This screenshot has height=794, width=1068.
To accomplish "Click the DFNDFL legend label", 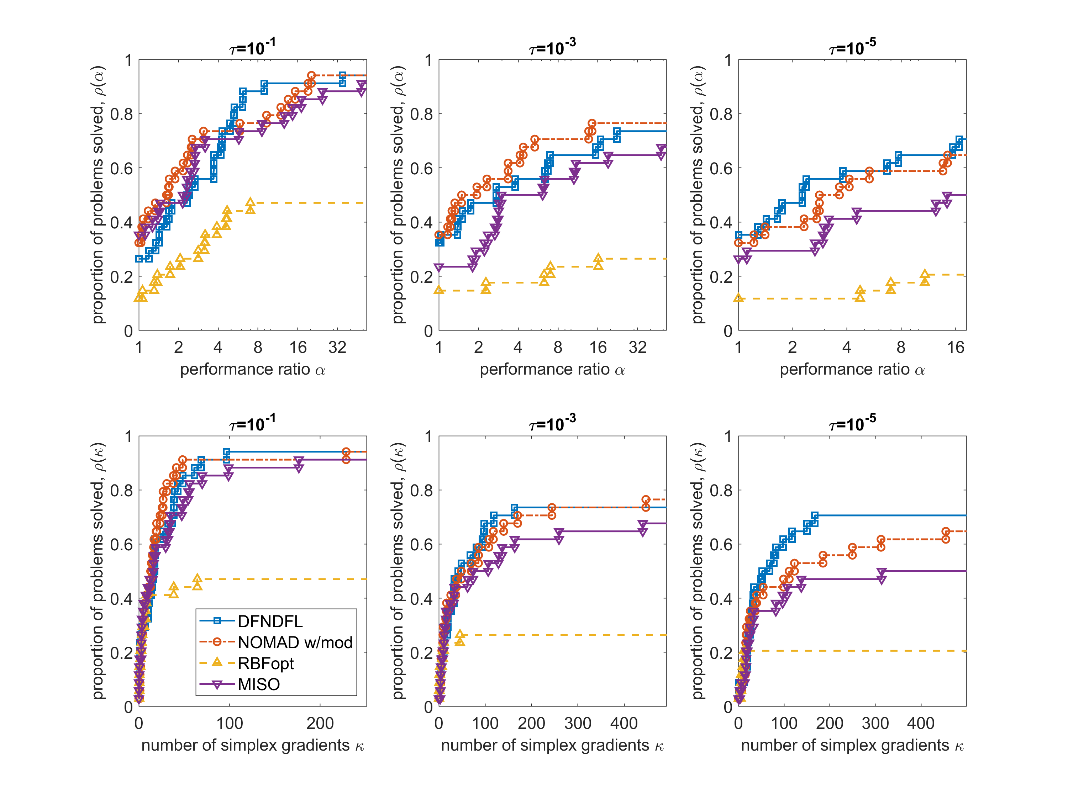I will pyautogui.click(x=270, y=621).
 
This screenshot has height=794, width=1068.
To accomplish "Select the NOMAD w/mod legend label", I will pyautogui.click(x=295, y=642).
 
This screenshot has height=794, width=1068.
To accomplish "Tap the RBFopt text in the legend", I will pyautogui.click(x=265, y=663).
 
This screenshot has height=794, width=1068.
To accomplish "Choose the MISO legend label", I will pyautogui.click(x=259, y=684).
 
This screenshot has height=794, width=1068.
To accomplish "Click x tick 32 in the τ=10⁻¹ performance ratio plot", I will pyautogui.click(x=337, y=347).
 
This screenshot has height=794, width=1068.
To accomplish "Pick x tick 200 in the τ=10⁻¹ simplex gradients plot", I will pyautogui.click(x=320, y=723).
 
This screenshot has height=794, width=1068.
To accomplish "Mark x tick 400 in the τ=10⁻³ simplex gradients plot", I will pyautogui.click(x=624, y=723).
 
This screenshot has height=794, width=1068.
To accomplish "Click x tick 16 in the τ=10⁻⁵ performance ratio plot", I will pyautogui.click(x=956, y=347).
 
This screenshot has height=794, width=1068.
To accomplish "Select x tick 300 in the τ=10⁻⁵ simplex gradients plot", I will pyautogui.click(x=875, y=723).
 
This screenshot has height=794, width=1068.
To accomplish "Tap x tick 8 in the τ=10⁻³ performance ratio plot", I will pyautogui.click(x=558, y=347).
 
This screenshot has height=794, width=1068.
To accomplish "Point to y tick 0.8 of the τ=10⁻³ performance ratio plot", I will pyautogui.click(x=421, y=115).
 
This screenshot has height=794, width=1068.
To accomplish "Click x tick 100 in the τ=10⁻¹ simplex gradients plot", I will pyautogui.click(x=230, y=723).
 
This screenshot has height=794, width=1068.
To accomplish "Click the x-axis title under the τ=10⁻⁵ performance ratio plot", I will pyautogui.click(x=852, y=369).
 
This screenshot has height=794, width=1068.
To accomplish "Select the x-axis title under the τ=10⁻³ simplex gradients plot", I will pyautogui.click(x=552, y=746).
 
